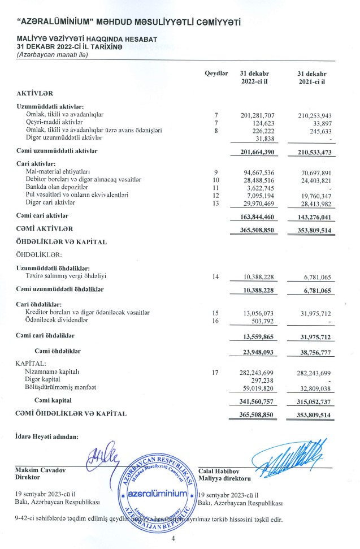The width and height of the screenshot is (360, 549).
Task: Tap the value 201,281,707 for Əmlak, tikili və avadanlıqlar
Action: click(258, 115)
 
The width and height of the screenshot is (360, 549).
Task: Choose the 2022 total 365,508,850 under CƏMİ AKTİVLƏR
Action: click(258, 230)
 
